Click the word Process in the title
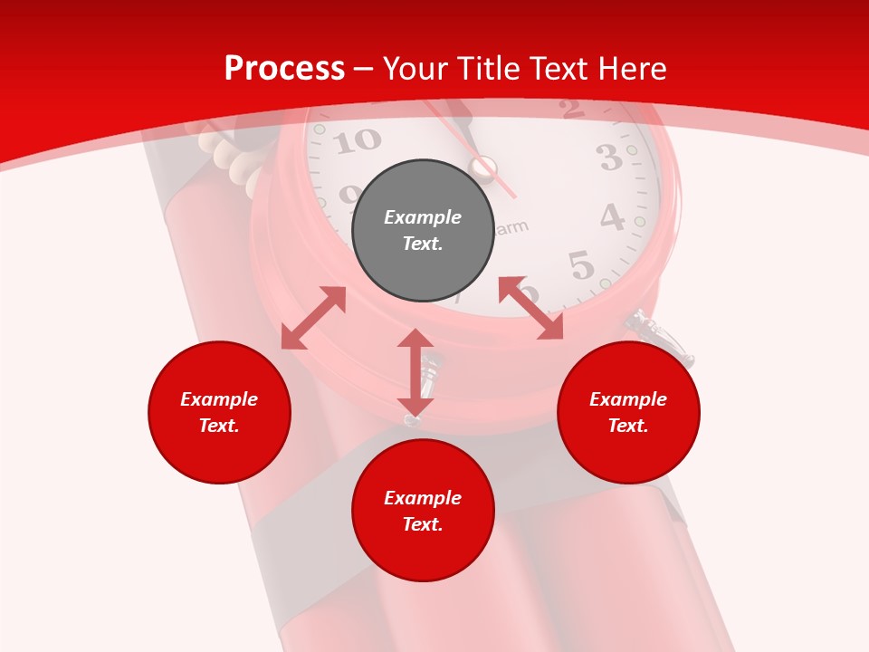pyautogui.click(x=284, y=69)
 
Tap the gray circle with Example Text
pyautogui.click(x=423, y=230)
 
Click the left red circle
pyautogui.click(x=219, y=412)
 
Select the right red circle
pyautogui.click(x=628, y=412)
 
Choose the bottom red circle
pyautogui.click(x=423, y=511)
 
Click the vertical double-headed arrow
pyautogui.click(x=415, y=372)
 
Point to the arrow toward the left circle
pyautogui.click(x=313, y=318)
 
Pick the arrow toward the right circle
pyautogui.click(x=530, y=309)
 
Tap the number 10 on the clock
pyautogui.click(x=359, y=140)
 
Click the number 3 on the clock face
pyautogui.click(x=609, y=158)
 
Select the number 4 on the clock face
pyautogui.click(x=612, y=218)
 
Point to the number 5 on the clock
pyautogui.click(x=581, y=265)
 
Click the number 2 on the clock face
pyautogui.click(x=570, y=110)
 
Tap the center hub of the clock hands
pyautogui.click(x=482, y=168)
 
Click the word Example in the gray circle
pyautogui.click(x=423, y=217)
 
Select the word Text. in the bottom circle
pyautogui.click(x=423, y=524)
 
